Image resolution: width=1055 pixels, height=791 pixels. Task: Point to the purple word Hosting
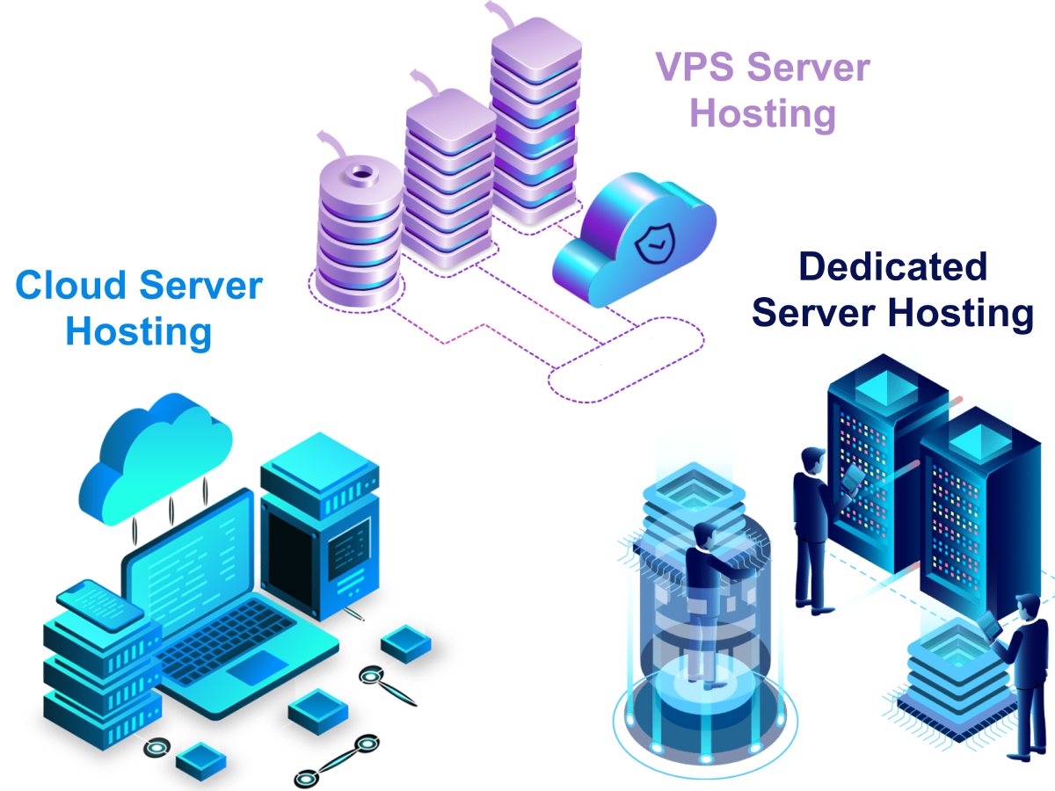click(761, 114)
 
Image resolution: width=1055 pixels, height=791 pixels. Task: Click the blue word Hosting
click(139, 331)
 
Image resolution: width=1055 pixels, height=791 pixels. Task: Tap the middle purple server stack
click(449, 176)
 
